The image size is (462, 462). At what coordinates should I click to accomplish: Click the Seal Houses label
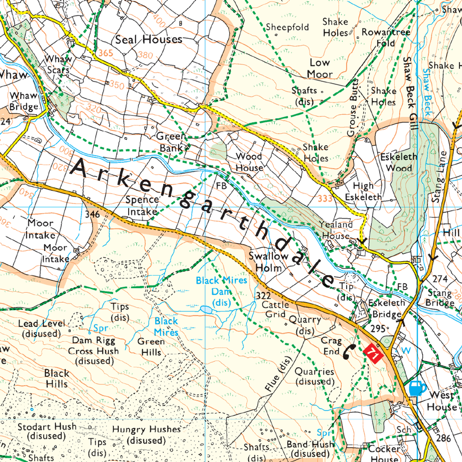tap(149, 40)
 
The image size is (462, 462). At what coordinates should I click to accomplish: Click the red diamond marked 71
tap(374, 352)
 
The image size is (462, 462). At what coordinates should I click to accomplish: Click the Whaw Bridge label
tap(24, 102)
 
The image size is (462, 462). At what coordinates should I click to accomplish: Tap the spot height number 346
tap(92, 214)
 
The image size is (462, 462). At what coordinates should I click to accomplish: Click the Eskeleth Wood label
tap(396, 163)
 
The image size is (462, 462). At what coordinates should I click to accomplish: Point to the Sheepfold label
tap(287, 27)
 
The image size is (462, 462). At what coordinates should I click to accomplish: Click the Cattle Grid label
tap(276, 310)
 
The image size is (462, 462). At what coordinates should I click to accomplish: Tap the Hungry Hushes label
tap(146, 434)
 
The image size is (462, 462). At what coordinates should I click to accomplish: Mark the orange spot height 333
tap(325, 199)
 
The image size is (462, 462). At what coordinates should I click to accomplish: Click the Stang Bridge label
tap(439, 298)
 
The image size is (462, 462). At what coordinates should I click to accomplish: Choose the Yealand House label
tap(336, 230)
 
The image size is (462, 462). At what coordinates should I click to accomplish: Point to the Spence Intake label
tap(142, 205)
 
